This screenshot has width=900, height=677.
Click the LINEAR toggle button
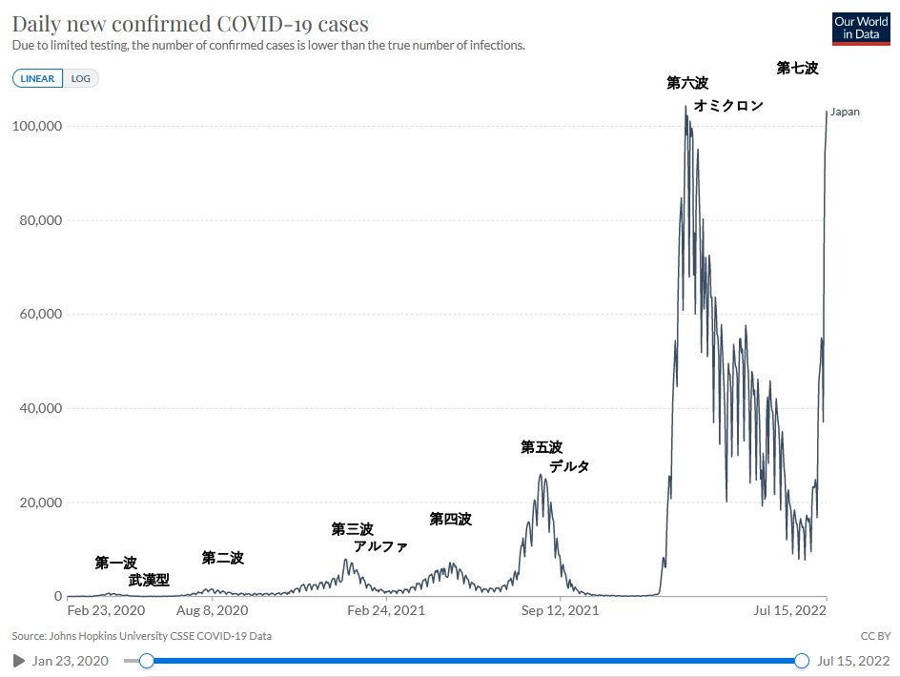click(x=37, y=79)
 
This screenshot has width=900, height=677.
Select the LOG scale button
click(x=80, y=79)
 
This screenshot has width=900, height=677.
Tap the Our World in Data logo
click(x=861, y=29)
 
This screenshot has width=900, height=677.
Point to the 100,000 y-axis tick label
click(x=37, y=126)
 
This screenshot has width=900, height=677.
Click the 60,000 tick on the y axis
click(x=40, y=314)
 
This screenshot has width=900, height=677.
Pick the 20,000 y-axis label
click(x=40, y=503)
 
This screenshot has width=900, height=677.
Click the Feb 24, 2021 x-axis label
click(x=386, y=610)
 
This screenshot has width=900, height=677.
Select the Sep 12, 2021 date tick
click(x=560, y=610)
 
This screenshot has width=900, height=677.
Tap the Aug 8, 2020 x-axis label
click(x=212, y=610)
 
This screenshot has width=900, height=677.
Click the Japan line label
click(x=845, y=112)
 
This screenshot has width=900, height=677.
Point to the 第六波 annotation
click(x=687, y=83)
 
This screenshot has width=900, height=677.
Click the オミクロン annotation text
click(x=728, y=106)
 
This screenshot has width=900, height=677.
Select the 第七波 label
click(x=797, y=69)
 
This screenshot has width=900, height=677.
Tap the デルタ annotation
click(x=569, y=466)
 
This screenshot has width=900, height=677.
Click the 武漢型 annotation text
click(x=149, y=580)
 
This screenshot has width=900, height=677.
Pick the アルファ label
click(x=380, y=546)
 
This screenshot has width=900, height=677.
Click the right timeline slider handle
click(x=801, y=661)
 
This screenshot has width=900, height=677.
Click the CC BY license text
click(x=875, y=636)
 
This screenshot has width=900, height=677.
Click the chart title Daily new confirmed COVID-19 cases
click(x=190, y=24)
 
